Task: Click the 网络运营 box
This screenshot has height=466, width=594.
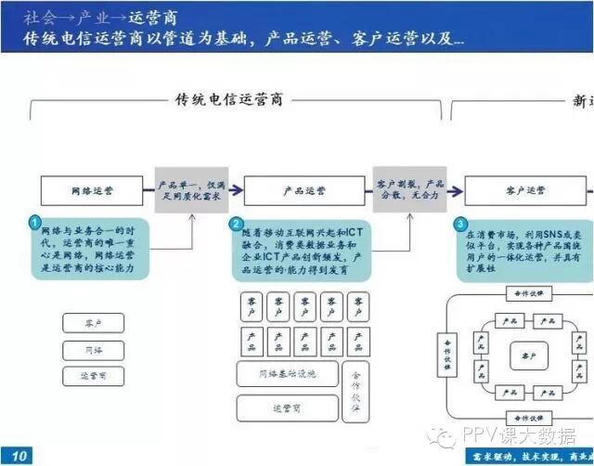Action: (93, 190)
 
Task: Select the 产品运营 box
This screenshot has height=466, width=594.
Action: (303, 190)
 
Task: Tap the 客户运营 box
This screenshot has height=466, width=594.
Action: (526, 190)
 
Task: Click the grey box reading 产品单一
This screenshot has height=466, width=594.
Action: (191, 190)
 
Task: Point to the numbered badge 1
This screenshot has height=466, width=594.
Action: (35, 224)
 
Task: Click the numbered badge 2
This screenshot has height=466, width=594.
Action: (237, 224)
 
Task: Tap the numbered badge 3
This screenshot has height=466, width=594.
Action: (460, 224)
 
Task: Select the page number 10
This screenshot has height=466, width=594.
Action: (20, 455)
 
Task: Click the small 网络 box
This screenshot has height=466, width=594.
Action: (93, 349)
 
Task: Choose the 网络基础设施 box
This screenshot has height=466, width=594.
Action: (289, 373)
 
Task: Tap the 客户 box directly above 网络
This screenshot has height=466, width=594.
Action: (93, 323)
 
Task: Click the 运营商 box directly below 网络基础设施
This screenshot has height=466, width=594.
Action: (288, 408)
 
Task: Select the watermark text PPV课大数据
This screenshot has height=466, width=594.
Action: (525, 434)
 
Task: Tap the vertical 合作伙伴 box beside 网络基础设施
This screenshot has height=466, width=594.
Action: (355, 390)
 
